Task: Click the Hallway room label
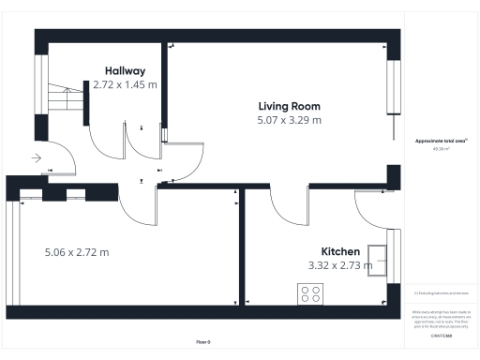click(125, 70)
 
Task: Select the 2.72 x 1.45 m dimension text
click(125, 84)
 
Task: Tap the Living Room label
click(289, 105)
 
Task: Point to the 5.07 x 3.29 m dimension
click(289, 120)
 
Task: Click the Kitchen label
click(340, 252)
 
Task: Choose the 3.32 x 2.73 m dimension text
click(340, 266)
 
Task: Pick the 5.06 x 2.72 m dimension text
click(77, 252)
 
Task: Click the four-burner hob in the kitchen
click(309, 293)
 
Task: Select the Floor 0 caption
click(202, 342)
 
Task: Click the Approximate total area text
click(441, 141)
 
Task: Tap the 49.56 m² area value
click(441, 148)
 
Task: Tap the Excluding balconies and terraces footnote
click(441, 292)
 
